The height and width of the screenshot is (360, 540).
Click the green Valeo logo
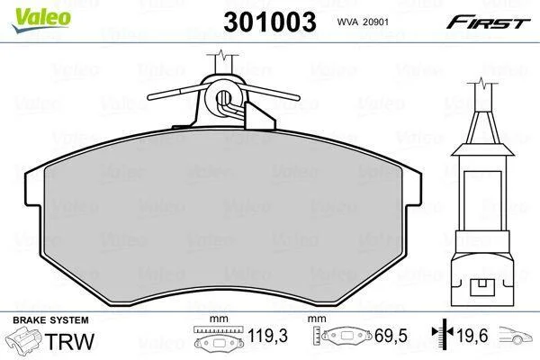41,19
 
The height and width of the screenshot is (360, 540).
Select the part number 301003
270,22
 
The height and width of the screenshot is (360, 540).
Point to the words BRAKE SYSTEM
50,320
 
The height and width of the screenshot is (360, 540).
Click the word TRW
69,341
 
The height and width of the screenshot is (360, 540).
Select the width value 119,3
267,336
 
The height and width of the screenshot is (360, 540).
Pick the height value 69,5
391,336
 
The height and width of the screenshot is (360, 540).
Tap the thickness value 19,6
472,336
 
